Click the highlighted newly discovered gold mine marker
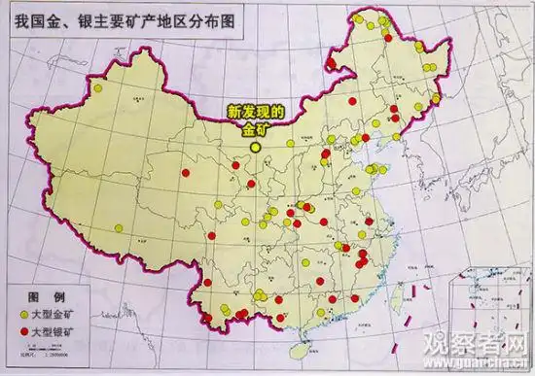coord(256,148)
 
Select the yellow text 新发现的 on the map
coord(254,113)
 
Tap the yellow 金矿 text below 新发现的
coord(254,130)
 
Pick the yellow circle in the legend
coord(22,315)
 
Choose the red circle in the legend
coord(22,333)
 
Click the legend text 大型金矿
coord(56,315)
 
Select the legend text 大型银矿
coord(56,333)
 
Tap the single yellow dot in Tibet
coord(117,230)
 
